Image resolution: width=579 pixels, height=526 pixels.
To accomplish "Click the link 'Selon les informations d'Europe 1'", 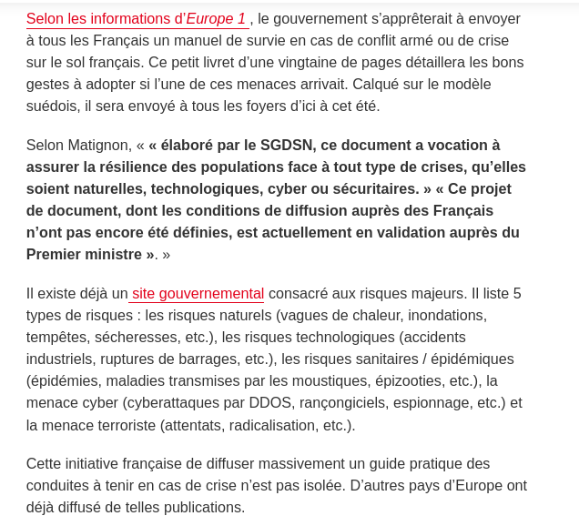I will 136,18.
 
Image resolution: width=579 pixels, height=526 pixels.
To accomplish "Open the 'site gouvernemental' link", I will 198,293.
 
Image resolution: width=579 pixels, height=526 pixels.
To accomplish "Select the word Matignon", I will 96,145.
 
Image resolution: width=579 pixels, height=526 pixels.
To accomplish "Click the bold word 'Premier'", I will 54,254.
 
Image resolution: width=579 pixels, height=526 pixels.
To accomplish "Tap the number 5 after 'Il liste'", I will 517,293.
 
